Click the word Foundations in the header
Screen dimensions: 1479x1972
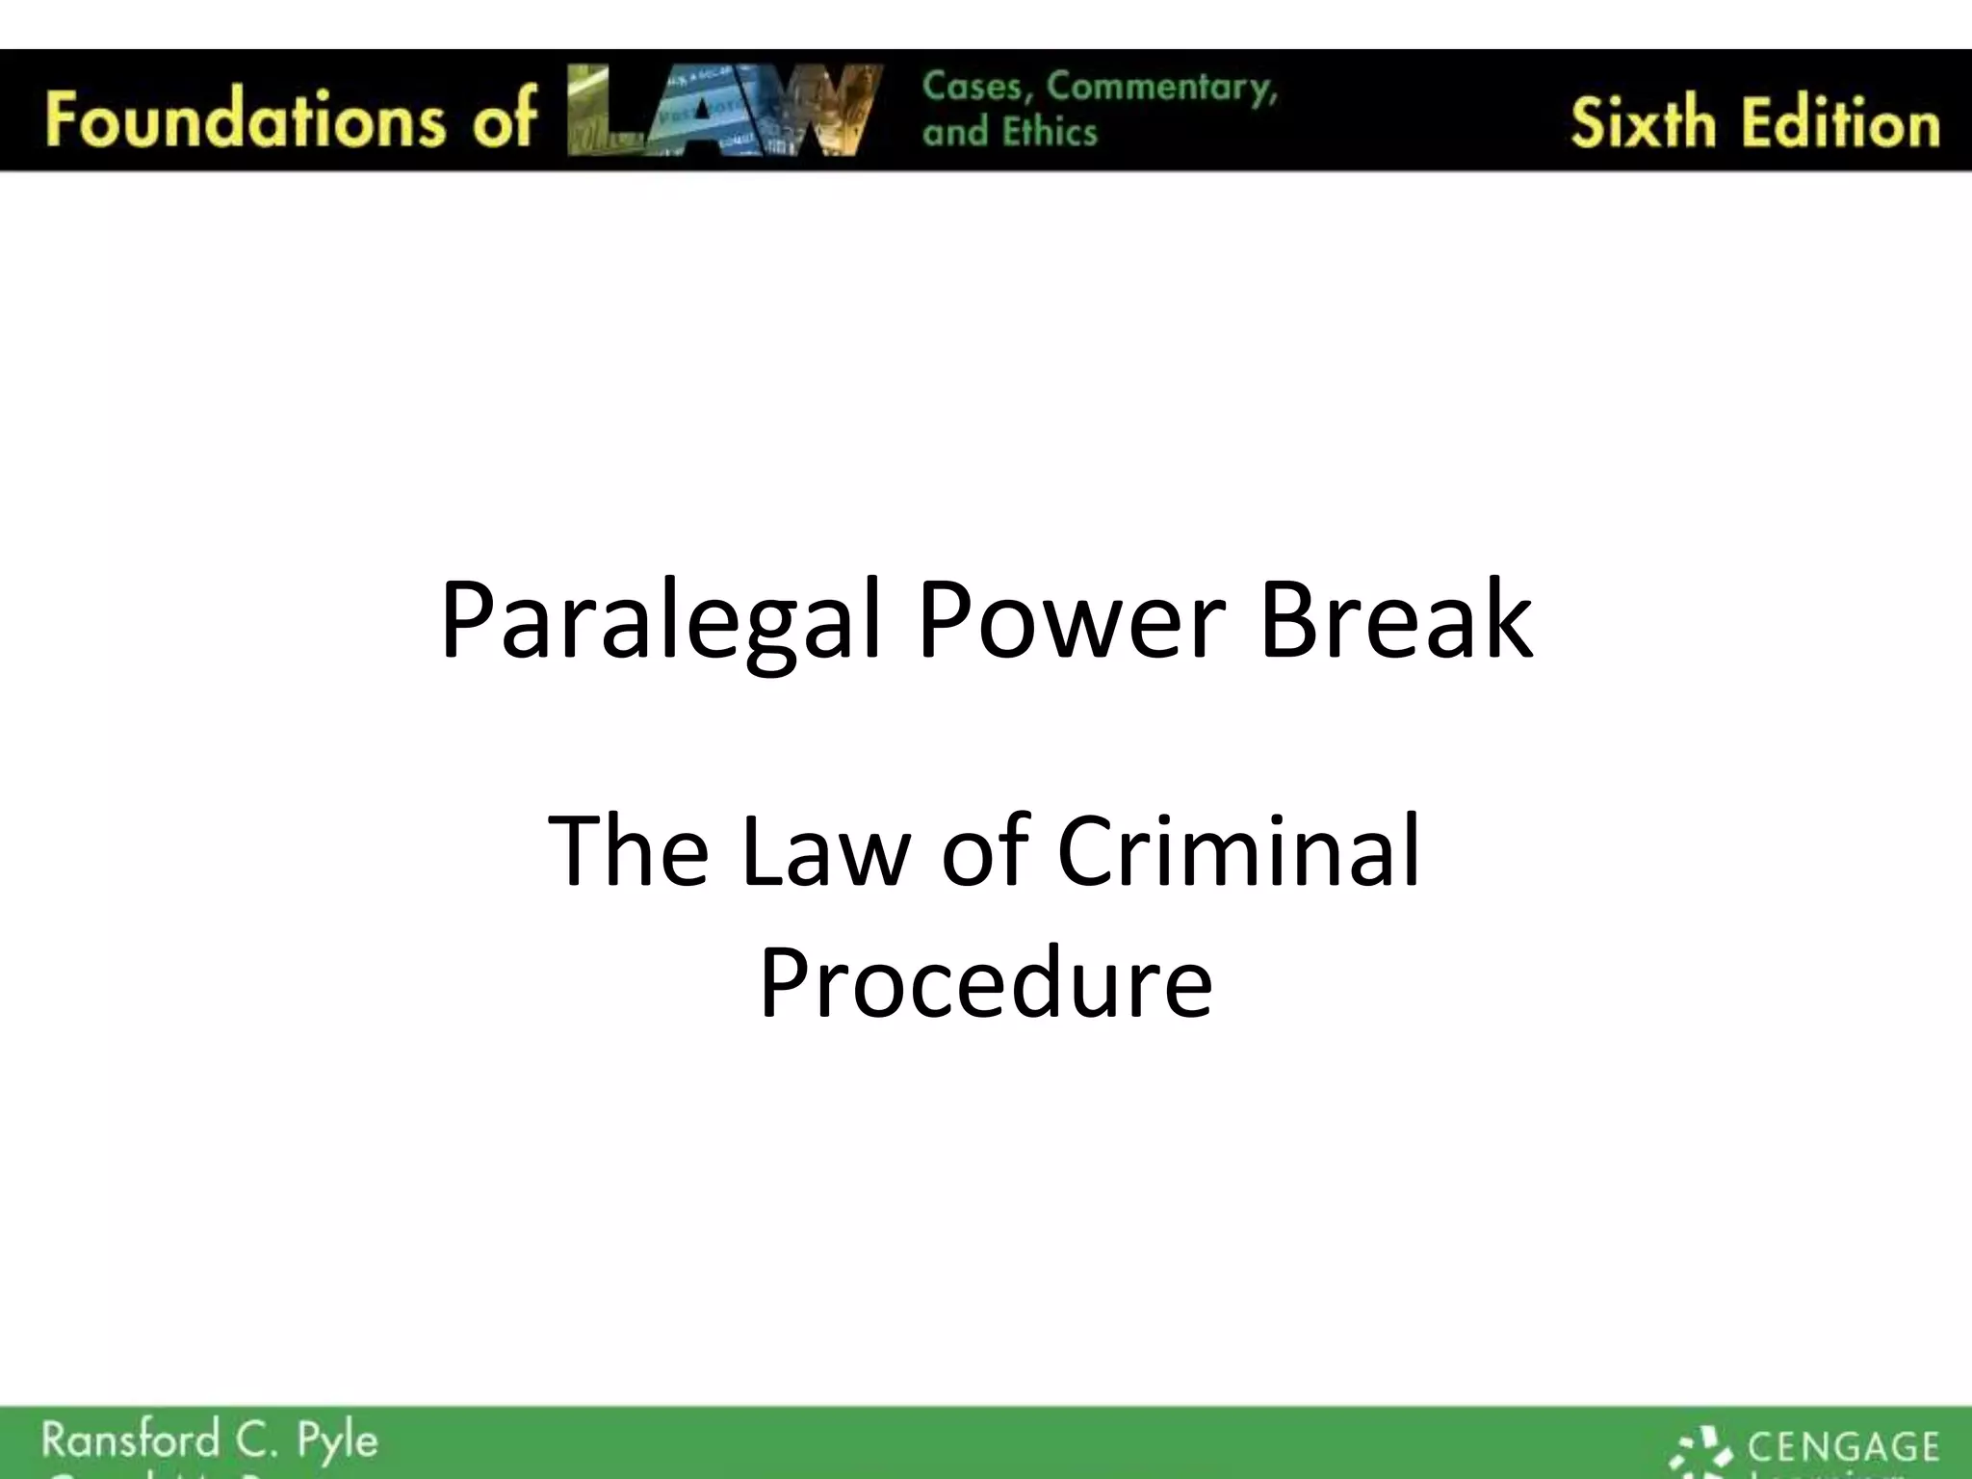245,118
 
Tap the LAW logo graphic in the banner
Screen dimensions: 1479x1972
724,110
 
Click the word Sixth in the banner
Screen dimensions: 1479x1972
1643,123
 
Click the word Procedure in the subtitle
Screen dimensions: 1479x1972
985,983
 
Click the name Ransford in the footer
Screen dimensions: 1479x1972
130,1440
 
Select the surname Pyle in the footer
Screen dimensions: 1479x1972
337,1442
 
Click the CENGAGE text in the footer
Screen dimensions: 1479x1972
1842,1446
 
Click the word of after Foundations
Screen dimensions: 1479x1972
503,118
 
